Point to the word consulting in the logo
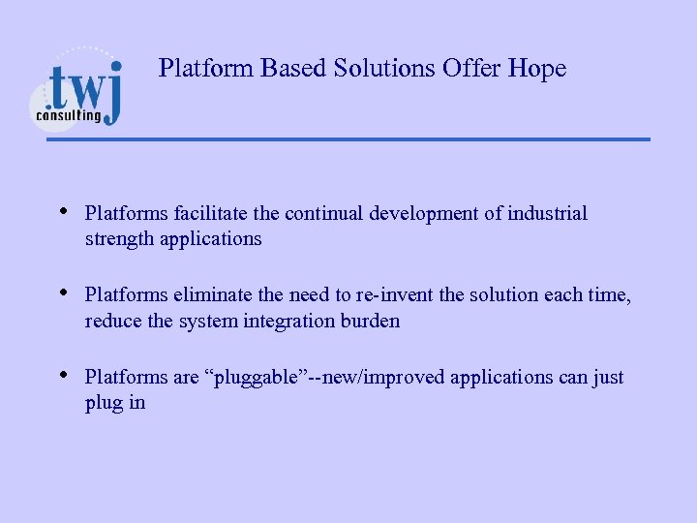click(69, 115)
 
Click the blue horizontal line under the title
click(348, 139)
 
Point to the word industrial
click(548, 213)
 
